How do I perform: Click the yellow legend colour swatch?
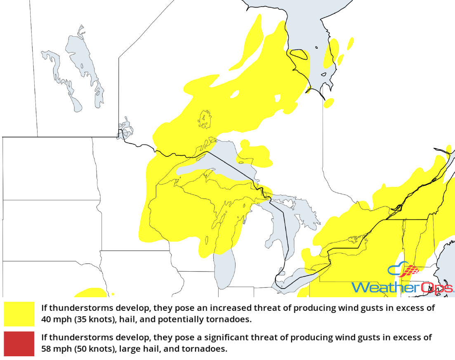pos(19,314)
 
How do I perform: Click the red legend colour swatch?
pos(19,343)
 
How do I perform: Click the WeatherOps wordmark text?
pos(402,287)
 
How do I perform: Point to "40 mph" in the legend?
pos(54,320)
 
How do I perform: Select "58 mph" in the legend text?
pos(54,348)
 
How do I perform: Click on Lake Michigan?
pos(224,264)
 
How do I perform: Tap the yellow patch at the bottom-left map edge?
pos(89,293)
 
